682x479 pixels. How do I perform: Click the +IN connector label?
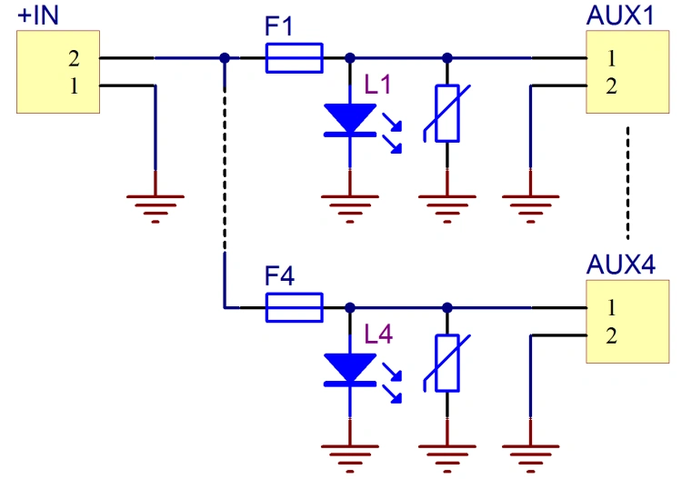click(38, 15)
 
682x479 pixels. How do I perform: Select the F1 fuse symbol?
click(294, 58)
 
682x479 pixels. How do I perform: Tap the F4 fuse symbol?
click(294, 308)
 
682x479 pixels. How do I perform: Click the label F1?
click(279, 26)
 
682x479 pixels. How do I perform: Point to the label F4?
click(279, 275)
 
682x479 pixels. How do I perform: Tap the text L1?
click(377, 85)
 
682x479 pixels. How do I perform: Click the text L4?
click(378, 334)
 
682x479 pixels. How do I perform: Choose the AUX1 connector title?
click(620, 15)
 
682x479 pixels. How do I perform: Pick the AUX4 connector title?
click(621, 264)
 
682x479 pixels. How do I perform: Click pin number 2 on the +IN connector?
click(74, 58)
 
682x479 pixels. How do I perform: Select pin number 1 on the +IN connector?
click(74, 86)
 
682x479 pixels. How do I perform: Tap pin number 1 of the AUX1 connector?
click(611, 58)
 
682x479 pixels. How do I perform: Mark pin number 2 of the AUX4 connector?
click(611, 335)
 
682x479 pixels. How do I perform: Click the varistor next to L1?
click(447, 114)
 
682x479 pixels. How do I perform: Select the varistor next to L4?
click(447, 363)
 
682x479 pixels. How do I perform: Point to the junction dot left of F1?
click(225, 58)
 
